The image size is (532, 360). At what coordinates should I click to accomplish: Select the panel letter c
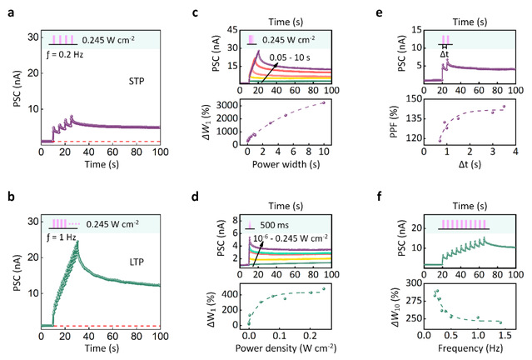(194, 14)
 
